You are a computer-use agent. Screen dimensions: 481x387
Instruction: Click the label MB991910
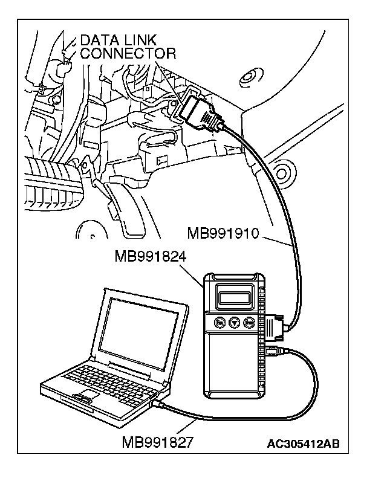(224, 233)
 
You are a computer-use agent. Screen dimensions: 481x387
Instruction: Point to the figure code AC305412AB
(303, 444)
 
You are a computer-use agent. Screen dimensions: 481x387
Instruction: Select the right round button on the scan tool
(248, 323)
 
